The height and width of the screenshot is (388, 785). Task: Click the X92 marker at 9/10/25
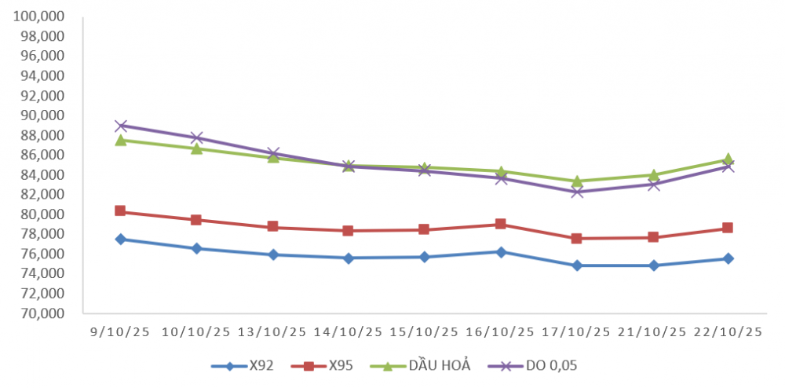click(x=120, y=239)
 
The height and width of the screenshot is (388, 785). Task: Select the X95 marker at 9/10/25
click(x=120, y=211)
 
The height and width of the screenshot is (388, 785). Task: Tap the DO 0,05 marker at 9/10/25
click(x=120, y=126)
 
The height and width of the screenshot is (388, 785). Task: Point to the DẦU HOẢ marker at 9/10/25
click(x=120, y=140)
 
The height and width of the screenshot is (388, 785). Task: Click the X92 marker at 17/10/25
click(x=577, y=265)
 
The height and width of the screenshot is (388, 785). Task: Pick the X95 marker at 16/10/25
click(x=501, y=225)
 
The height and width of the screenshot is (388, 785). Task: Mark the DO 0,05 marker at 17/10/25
click(x=577, y=192)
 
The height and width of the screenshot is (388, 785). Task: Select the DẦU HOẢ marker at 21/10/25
click(x=653, y=175)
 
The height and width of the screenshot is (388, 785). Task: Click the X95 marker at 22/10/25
click(x=728, y=228)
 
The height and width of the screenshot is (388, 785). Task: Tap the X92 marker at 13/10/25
click(x=272, y=254)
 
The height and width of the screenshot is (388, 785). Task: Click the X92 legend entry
click(x=243, y=365)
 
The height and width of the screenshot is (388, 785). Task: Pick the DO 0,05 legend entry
click(x=533, y=365)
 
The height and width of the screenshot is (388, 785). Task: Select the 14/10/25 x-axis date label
click(x=349, y=332)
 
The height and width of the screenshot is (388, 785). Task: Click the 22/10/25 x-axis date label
click(x=728, y=332)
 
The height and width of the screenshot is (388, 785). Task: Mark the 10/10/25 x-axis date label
click(x=196, y=332)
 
